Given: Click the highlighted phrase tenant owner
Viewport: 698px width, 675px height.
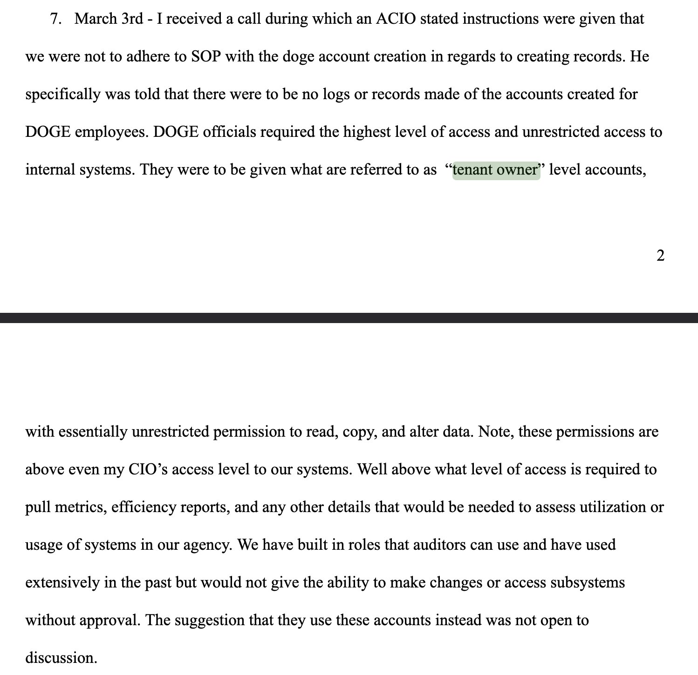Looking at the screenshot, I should [496, 169].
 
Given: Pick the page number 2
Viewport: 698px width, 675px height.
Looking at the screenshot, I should [660, 256].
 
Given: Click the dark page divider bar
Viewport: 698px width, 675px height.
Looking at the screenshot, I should [349, 318].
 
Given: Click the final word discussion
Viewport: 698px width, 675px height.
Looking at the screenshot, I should [61, 658].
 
